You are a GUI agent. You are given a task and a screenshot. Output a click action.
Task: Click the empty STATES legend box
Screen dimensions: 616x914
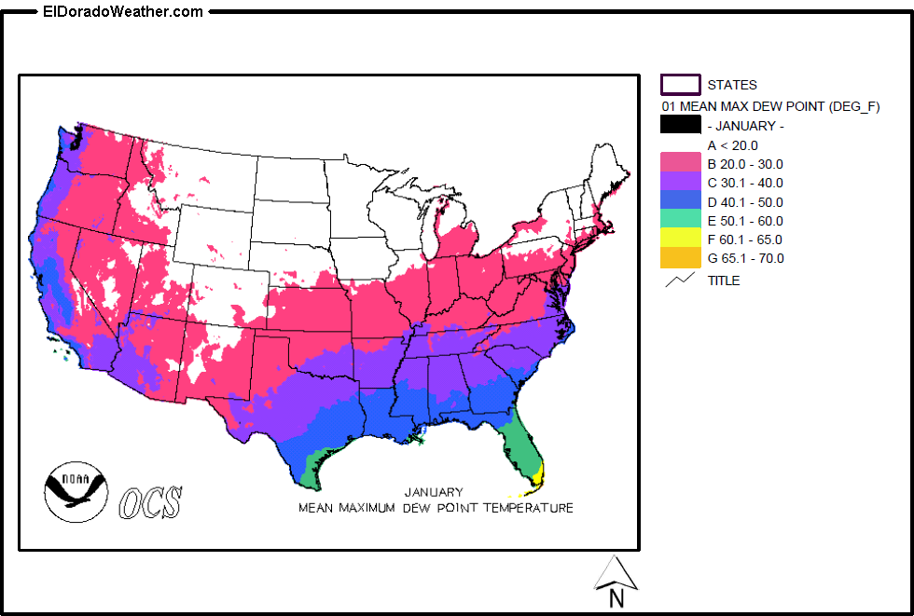pos(681,85)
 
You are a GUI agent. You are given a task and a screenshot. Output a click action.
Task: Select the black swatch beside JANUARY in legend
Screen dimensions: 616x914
pos(681,125)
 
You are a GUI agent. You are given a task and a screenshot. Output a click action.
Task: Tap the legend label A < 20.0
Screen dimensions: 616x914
pos(732,145)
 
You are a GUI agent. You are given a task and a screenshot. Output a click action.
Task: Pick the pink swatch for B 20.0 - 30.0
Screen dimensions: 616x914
pos(681,164)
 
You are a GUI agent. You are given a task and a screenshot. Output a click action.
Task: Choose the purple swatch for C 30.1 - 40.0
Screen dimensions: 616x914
pos(681,183)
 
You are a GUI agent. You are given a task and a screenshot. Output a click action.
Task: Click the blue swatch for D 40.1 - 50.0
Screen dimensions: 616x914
pos(681,202)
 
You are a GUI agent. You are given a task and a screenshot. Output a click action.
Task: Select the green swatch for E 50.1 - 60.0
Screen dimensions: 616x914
pos(681,221)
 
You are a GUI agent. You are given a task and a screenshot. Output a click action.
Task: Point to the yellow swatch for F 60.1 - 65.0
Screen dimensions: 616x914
pos(681,240)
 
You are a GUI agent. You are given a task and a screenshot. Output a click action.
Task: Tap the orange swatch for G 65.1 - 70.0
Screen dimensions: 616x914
pos(681,258)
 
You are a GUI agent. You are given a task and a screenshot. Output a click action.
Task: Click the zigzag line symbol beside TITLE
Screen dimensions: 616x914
pos(681,280)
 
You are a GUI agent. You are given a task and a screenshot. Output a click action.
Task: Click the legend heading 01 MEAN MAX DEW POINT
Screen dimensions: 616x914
pos(770,106)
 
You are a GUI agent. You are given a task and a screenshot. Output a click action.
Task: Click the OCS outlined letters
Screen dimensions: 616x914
pos(150,502)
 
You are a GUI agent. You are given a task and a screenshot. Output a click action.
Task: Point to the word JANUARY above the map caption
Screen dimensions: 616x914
pos(434,492)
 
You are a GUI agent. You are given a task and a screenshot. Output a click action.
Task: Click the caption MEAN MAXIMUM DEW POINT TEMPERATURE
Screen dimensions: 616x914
pos(436,508)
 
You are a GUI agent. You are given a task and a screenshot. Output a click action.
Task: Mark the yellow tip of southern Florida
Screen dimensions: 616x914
pos(536,481)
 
